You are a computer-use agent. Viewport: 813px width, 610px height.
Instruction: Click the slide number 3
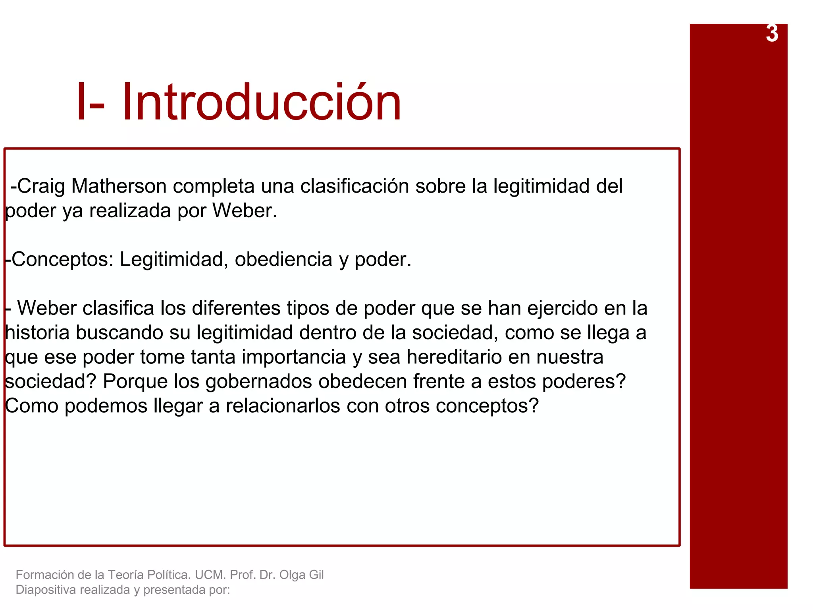[772, 33]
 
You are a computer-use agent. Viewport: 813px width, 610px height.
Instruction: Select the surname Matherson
[119, 186]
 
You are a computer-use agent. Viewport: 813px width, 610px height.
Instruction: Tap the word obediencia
[283, 259]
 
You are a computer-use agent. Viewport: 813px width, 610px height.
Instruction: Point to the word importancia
[294, 357]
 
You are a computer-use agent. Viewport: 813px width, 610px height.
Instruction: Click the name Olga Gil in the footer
[301, 575]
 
